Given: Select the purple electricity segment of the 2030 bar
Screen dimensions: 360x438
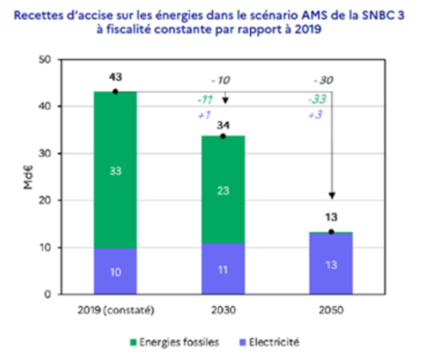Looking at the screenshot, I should coord(223,269).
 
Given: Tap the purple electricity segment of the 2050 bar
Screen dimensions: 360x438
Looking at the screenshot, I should coord(331,264).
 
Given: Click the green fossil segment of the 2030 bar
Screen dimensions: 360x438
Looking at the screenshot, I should coord(223,189).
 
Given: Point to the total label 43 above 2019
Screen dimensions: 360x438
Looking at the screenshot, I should coord(115,77).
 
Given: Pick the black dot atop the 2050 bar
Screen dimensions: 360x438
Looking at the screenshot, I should coord(332,232).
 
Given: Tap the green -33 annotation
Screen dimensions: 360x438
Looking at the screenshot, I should coord(317,99).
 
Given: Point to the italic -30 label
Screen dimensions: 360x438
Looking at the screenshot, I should coord(323,80).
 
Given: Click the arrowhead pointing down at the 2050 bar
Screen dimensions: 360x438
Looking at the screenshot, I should coord(332,196).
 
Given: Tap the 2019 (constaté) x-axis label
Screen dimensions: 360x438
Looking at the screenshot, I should coord(116,311).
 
